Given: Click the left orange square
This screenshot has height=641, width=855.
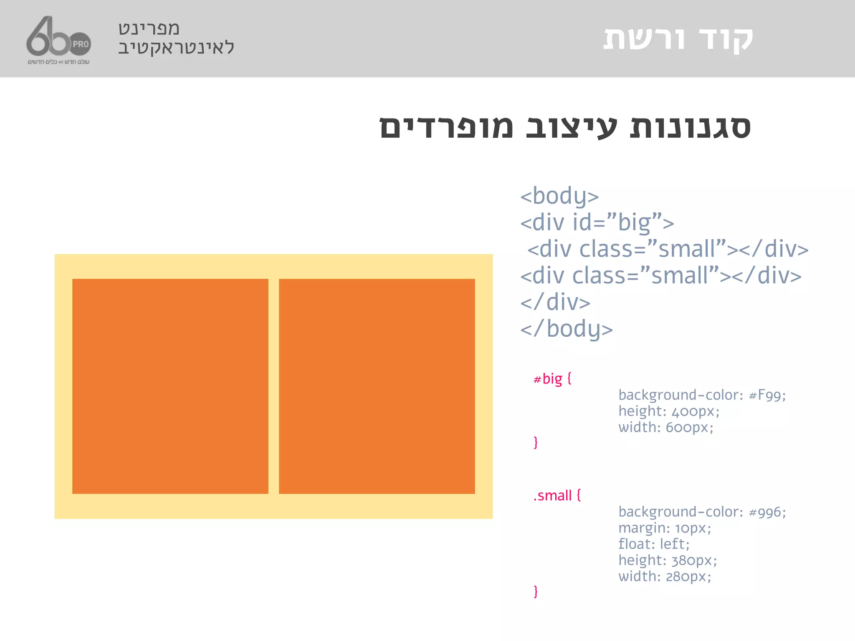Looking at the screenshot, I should pos(170,386).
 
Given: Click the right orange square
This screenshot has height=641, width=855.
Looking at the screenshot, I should pos(377,386).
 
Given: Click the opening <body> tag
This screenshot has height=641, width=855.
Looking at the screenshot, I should pos(559,196).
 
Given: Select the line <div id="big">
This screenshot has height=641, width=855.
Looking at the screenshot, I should pos(597,222).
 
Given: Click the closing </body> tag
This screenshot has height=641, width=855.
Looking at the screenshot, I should pos(566,329).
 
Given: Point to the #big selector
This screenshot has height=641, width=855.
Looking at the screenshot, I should pos(548,379).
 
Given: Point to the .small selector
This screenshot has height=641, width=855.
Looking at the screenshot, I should pos(552,496).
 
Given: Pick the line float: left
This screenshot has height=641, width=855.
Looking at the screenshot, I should pos(654,544).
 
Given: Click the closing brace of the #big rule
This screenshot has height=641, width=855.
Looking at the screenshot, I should pos(536,442).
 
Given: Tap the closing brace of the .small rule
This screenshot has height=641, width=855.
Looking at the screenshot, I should pos(536,592).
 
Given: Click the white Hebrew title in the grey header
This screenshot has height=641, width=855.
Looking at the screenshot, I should pos(678,39).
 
